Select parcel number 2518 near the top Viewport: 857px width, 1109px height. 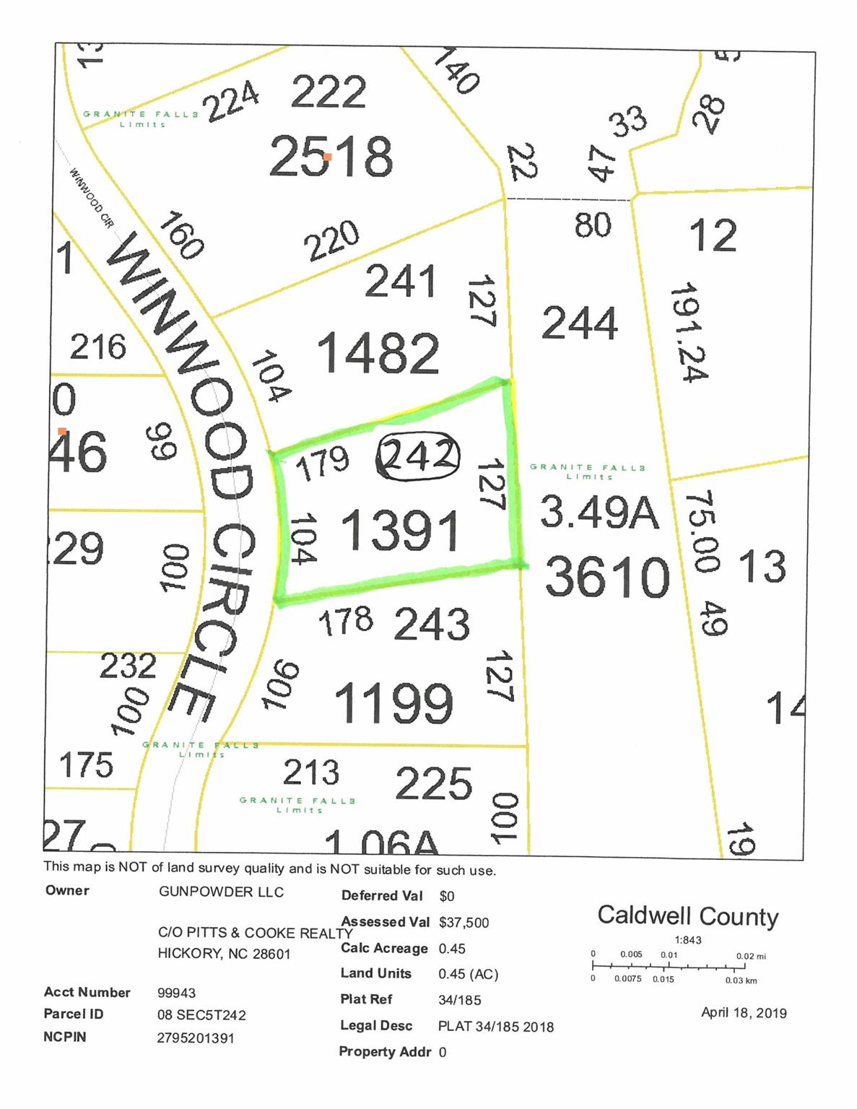pos(331,156)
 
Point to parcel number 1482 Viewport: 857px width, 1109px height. pos(378,353)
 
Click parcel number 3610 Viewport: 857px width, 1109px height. pos(607,577)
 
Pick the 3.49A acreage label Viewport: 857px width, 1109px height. pos(599,513)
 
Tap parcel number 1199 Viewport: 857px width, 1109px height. pos(394,703)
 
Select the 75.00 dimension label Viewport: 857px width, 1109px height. pos(701,531)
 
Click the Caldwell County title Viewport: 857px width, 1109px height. pos(687,916)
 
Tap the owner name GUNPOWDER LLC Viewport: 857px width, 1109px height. pos(221,892)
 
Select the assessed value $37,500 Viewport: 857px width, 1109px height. pos(464,922)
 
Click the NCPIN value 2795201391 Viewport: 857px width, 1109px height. pos(196,1038)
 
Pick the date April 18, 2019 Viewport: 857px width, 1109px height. pos(744,1012)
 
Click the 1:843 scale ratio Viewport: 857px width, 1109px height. pos(687,940)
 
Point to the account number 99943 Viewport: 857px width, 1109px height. pos(176,993)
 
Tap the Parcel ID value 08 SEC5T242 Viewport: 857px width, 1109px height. pos(201,1015)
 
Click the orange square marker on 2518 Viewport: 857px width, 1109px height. pos(327,156)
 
